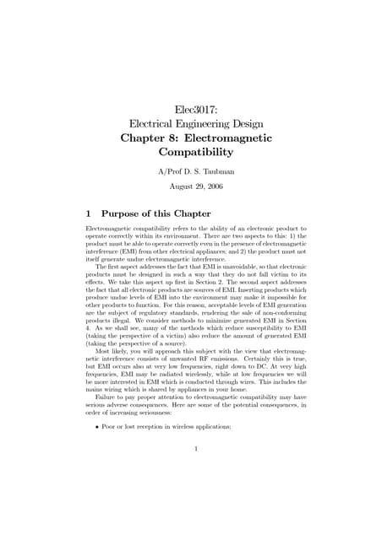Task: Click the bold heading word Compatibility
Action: pyautogui.click(x=195, y=153)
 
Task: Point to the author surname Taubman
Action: pyautogui.click(x=216, y=172)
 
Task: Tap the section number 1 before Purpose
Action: pyautogui.click(x=90, y=213)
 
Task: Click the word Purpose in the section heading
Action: pyautogui.click(x=128, y=213)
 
